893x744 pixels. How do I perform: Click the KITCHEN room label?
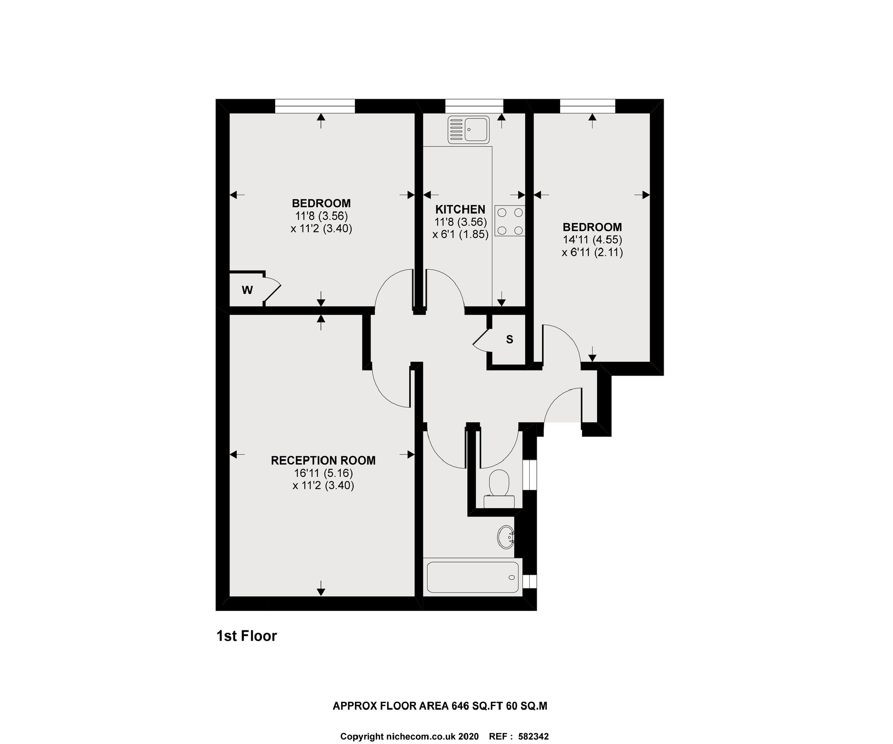point(460,209)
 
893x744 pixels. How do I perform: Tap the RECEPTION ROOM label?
point(323,461)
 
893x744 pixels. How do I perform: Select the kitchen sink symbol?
point(468,130)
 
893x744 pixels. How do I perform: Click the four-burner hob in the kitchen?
point(510,221)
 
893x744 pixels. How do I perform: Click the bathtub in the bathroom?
point(472,577)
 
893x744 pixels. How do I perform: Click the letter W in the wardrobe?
point(247,290)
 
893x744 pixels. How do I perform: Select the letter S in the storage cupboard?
point(509,339)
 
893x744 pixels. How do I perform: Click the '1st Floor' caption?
point(247,636)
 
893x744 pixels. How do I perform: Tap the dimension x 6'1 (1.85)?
point(460,234)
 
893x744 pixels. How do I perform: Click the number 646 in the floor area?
point(460,706)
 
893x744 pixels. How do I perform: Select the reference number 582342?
point(533,737)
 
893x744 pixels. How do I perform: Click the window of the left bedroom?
point(314,106)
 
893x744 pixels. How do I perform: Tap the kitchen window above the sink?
point(474,106)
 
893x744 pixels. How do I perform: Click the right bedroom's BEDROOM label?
point(592,227)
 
